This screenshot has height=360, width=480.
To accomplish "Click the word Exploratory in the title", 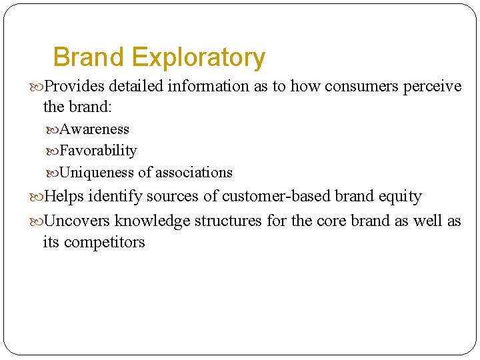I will pyautogui.click(x=199, y=58).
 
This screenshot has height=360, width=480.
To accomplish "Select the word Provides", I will pyautogui.click(x=74, y=87).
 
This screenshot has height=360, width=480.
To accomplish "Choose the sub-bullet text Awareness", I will pyautogui.click(x=95, y=129).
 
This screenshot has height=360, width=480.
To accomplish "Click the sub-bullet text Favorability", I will pyautogui.click(x=99, y=151).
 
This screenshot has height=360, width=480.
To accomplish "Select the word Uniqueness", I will pyautogui.click(x=97, y=173).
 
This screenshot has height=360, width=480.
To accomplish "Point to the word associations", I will pyautogui.click(x=194, y=173).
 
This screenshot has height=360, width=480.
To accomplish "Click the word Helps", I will pyautogui.click(x=64, y=197).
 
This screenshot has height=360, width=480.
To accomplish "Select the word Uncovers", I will pyautogui.click(x=78, y=221).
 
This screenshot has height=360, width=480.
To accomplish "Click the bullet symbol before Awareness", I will pyautogui.click(x=53, y=129).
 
